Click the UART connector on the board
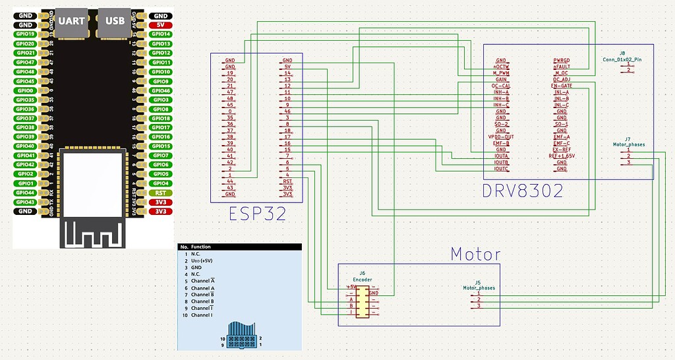71,21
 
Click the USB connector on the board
115,21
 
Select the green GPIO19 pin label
26,34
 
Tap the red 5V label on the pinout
160,24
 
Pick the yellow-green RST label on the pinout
160,193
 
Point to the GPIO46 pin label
160,90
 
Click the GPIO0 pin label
26,90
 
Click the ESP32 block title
256,214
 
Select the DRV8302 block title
523,191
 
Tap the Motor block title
475,254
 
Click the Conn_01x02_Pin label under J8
622,59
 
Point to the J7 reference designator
628,138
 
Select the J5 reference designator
478,282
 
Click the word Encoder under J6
363,280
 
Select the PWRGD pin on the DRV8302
562,61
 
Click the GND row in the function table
198,267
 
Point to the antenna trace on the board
92,232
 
